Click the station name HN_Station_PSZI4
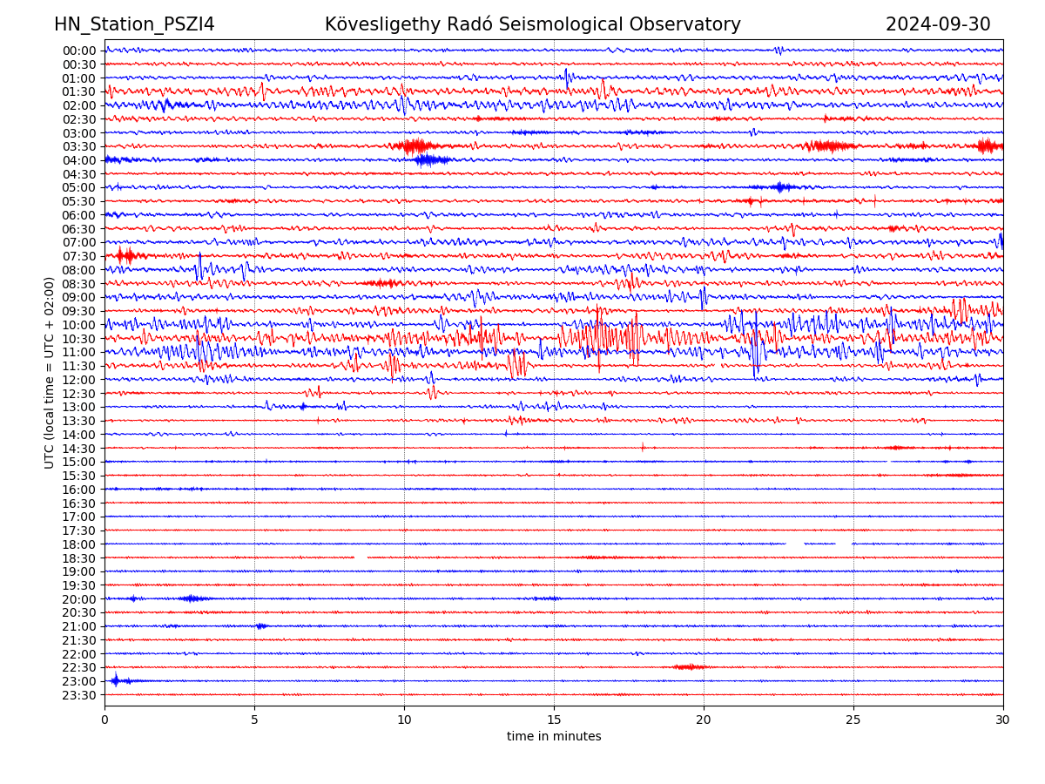pos(134,24)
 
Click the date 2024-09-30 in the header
pos(938,24)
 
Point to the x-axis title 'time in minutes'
pos(554,737)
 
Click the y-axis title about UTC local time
pos(50,373)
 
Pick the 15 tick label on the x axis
pos(554,720)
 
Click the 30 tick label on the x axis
pos(1003,720)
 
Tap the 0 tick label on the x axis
pos(104,720)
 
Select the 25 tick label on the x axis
pos(853,720)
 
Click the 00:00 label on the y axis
pos(78,51)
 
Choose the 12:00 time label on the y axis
pos(78,380)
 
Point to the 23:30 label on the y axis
pos(78,695)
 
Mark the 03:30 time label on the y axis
pos(78,146)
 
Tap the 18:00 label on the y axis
pos(78,544)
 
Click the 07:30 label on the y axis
pos(78,256)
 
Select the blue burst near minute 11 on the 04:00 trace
pos(431,159)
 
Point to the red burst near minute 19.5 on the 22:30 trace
pos(690,667)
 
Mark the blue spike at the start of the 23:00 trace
pos(115,680)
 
